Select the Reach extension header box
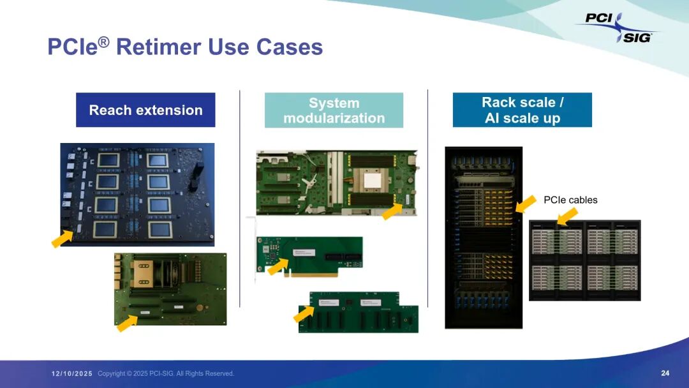(145, 110)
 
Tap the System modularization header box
(334, 110)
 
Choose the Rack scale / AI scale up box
(522, 110)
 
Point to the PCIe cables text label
(570, 200)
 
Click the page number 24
(665, 373)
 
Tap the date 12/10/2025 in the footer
(72, 373)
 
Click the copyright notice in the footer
(166, 373)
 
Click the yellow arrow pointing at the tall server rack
(526, 204)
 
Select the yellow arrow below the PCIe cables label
(567, 216)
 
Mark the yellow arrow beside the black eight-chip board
(62, 239)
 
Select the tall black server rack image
(483, 237)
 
